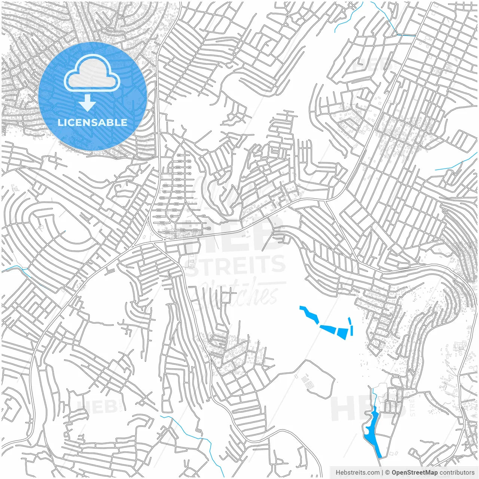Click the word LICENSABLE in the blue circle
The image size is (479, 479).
(x=92, y=122)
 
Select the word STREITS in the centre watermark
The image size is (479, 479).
(x=236, y=265)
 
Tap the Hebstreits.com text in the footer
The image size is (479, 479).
(x=357, y=473)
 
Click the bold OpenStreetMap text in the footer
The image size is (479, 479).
(x=414, y=473)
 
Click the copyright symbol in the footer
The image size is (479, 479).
(x=388, y=473)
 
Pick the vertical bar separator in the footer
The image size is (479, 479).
(x=382, y=473)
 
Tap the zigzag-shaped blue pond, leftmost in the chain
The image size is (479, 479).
(x=309, y=314)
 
